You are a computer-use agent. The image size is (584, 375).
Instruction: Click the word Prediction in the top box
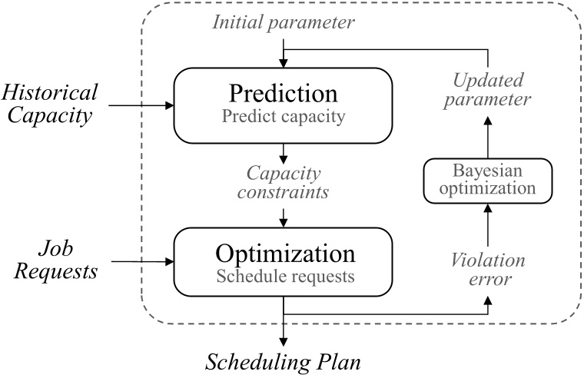[284, 94]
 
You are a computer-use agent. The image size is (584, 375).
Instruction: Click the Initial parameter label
[284, 24]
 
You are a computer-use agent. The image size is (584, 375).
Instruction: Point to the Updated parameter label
[489, 91]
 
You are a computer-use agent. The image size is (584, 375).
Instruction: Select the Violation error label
[489, 270]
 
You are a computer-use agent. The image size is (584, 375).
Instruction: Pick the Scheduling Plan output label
[284, 361]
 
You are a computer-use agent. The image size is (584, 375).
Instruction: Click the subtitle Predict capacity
[284, 118]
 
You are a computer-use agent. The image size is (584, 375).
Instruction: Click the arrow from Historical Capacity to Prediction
[141, 105]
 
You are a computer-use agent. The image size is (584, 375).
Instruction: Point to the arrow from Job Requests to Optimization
[141, 263]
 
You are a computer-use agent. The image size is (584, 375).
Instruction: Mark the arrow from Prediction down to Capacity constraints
[284, 151]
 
